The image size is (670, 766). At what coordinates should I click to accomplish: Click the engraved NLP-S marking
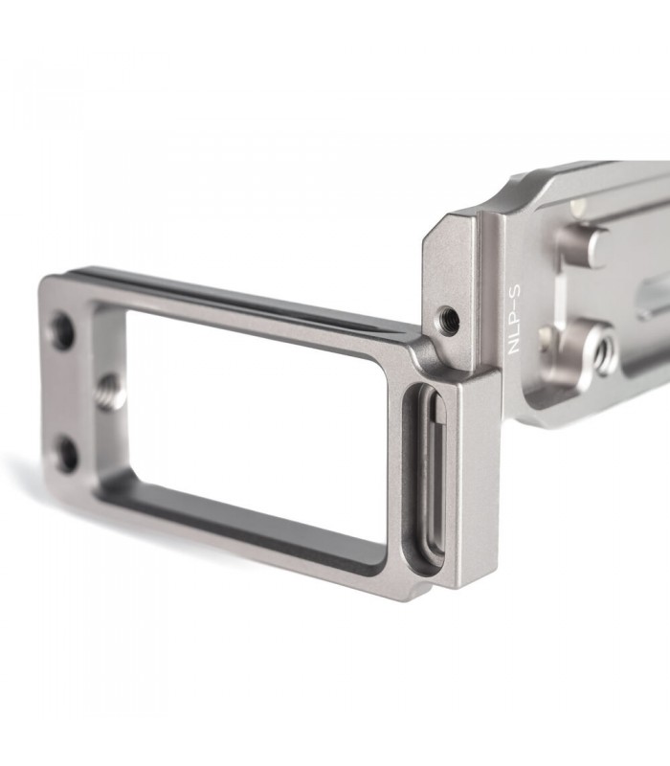click(515, 320)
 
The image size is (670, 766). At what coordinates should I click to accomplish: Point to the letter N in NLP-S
click(515, 348)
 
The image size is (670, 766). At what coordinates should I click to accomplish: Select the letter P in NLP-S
click(515, 320)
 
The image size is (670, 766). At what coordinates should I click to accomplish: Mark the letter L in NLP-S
click(515, 333)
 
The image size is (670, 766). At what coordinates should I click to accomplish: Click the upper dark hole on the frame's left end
click(62, 331)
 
